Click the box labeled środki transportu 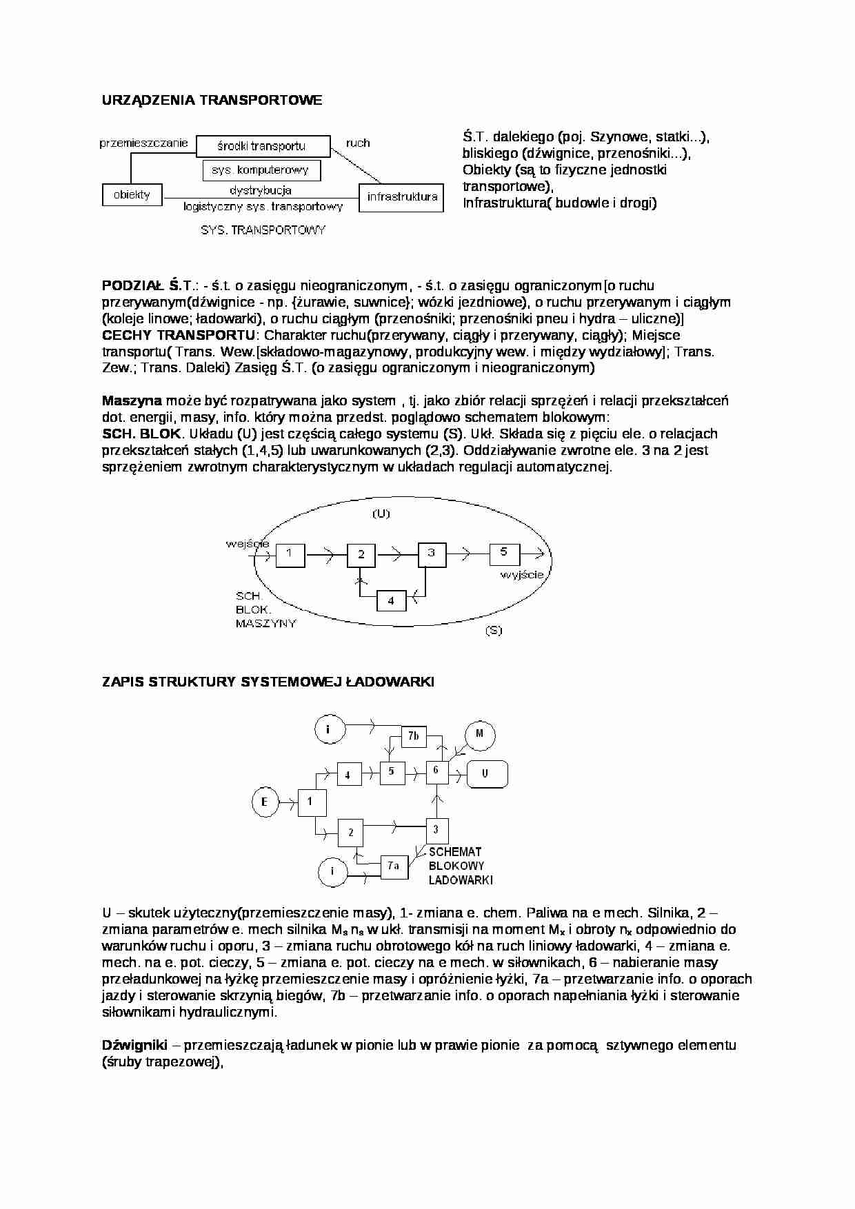[x=261, y=145]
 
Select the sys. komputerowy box [x=261, y=170]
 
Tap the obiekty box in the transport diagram [x=132, y=194]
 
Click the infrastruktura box [x=402, y=196]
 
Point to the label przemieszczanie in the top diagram [x=143, y=143]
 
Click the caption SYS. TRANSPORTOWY [x=263, y=230]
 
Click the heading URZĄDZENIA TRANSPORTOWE [x=212, y=101]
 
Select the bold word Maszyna [x=132, y=400]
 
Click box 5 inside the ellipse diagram [x=504, y=553]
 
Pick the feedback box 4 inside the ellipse [x=391, y=600]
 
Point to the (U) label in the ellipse [x=381, y=514]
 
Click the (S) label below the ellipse [x=493, y=630]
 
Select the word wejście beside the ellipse [x=248, y=543]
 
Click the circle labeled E [x=264, y=802]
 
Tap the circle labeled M [x=479, y=734]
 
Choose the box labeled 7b [x=413, y=736]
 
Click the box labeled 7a [x=394, y=866]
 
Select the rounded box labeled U [x=487, y=774]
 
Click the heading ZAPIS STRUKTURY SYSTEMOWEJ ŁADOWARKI [x=268, y=682]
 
